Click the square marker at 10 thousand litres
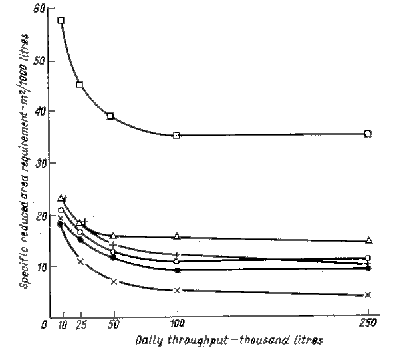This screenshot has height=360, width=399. [x=61, y=21]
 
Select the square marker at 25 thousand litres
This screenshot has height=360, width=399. [x=80, y=85]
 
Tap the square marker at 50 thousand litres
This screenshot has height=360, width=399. [x=110, y=116]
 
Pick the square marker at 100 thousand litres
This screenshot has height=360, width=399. [x=176, y=135]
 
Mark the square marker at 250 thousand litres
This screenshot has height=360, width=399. [x=368, y=134]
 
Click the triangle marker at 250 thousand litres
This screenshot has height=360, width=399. [x=369, y=240]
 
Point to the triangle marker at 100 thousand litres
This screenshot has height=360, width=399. [x=177, y=236]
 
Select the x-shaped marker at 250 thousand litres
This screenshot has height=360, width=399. [x=368, y=295]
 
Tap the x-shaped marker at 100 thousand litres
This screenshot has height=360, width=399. [x=177, y=291]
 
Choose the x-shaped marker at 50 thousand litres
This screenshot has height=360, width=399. [x=114, y=281]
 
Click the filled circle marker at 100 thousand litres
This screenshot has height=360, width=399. [x=177, y=270]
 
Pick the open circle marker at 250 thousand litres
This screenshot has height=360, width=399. [x=368, y=258]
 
